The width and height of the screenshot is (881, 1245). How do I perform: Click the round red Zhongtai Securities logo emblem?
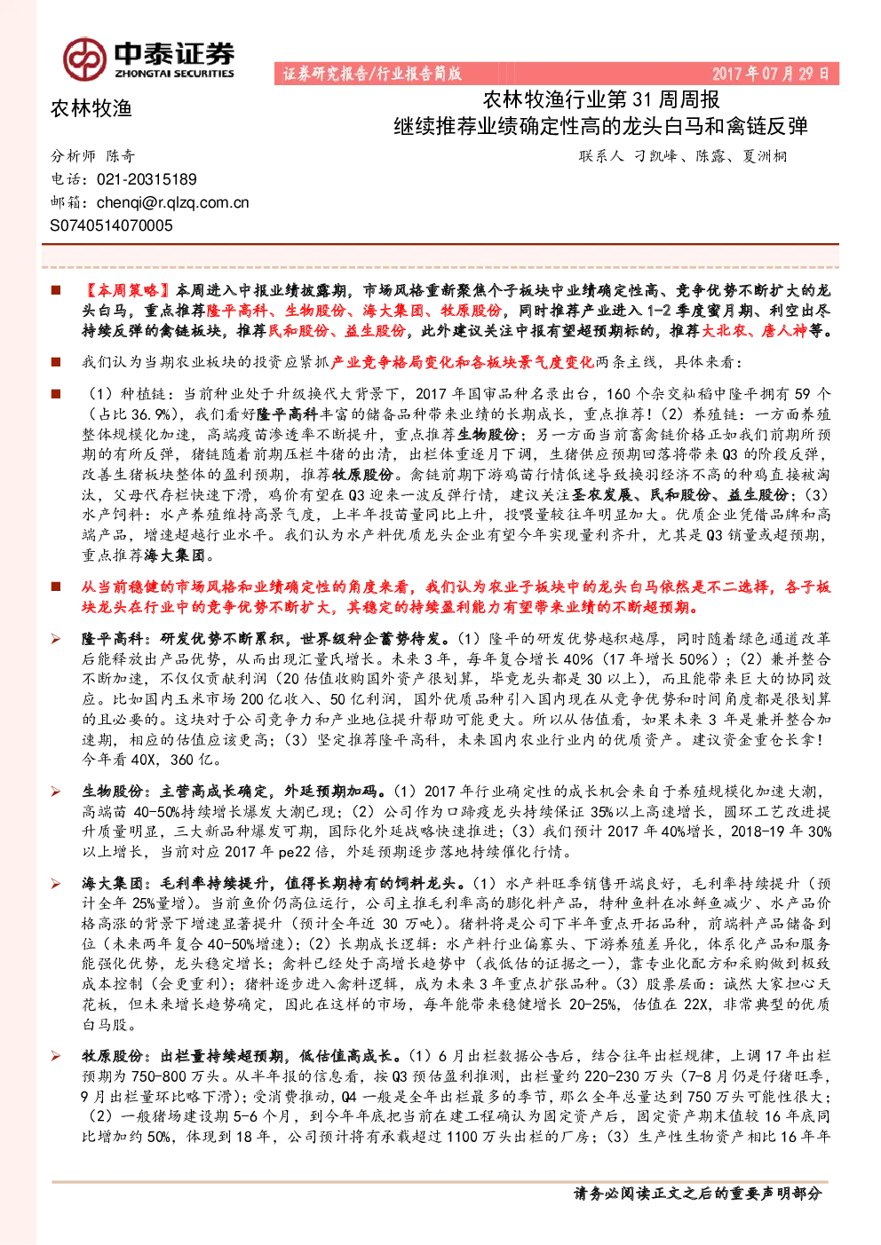point(84,59)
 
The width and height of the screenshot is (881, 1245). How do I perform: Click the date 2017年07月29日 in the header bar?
point(770,74)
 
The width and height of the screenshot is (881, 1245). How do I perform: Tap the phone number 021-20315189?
point(147,179)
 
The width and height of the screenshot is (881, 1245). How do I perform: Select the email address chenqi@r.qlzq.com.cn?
point(173,203)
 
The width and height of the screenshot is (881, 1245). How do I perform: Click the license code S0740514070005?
point(111,225)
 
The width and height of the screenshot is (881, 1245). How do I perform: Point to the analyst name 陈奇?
point(121,156)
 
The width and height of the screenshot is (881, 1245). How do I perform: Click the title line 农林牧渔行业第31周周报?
point(601,100)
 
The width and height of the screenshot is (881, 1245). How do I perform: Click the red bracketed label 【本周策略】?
point(127,290)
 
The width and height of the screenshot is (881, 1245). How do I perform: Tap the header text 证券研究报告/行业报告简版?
point(371,74)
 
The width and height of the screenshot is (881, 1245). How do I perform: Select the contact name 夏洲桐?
point(765,156)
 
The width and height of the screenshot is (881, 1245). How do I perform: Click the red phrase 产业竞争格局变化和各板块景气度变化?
point(463,363)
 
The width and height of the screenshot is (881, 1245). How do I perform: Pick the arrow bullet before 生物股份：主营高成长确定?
point(56,792)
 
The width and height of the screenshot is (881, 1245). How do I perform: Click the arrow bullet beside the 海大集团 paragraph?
point(56,884)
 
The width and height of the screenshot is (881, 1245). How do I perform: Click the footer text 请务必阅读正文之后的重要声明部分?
point(697,1193)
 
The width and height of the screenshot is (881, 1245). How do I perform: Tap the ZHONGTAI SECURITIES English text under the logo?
point(174,74)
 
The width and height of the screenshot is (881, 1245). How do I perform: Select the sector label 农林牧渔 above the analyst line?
point(91,108)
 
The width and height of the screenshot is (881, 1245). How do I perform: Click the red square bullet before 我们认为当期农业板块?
point(56,362)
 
